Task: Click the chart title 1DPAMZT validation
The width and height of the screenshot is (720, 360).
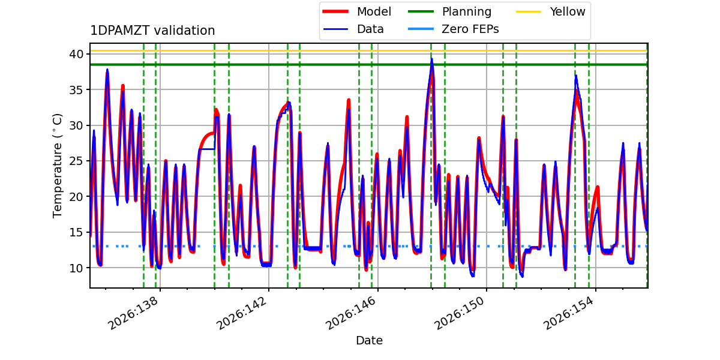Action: pos(152,31)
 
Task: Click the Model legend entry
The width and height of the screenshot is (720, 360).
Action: pos(357,11)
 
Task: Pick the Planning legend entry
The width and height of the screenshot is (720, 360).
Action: pos(449,11)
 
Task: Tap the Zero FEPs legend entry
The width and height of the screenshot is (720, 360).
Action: pos(453,29)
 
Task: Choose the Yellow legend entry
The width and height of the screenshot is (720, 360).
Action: pos(551,11)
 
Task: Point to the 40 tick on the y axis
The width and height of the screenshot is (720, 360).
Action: pos(76,54)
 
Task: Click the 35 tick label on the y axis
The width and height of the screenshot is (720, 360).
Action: pos(76,89)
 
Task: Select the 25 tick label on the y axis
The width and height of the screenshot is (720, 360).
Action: pos(76,161)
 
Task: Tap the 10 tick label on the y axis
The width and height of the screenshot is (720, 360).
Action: pos(76,268)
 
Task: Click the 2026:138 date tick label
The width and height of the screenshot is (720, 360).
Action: pos(133,313)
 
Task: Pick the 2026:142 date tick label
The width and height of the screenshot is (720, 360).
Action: pos(242,313)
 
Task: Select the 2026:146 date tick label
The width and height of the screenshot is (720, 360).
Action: pos(350,313)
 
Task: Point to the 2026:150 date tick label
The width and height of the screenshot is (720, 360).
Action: pos(460,313)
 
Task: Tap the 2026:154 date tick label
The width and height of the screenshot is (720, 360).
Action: pos(568,313)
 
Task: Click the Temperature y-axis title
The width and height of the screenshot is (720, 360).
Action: pos(57,166)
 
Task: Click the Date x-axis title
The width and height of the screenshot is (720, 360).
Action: pos(369,340)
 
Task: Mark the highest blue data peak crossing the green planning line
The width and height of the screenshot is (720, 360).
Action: pos(431,59)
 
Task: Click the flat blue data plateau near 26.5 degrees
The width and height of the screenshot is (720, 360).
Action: pos(206,149)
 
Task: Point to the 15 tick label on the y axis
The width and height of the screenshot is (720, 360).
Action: pos(76,232)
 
